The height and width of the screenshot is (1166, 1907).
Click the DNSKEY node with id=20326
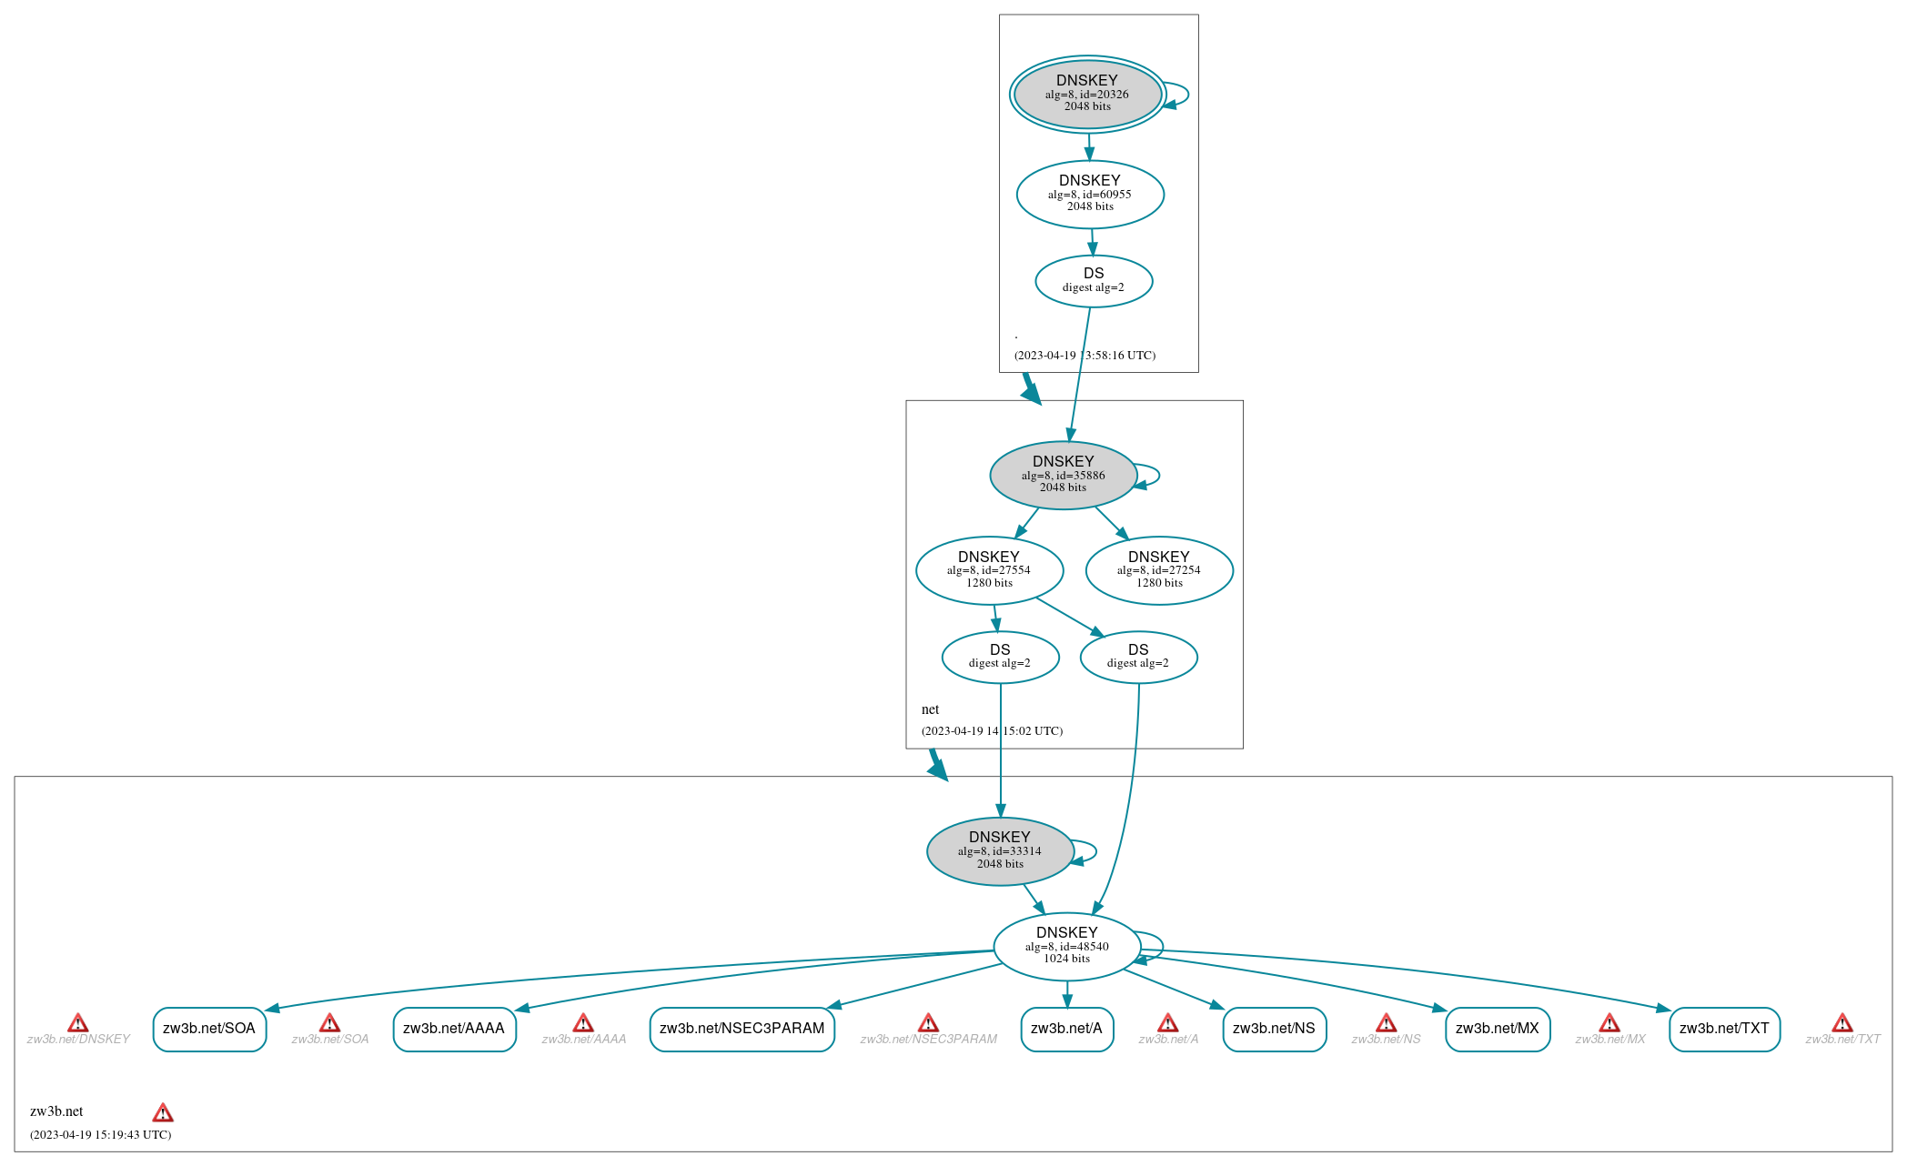pos(1087,94)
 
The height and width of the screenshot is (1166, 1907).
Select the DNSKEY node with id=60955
pos(1090,194)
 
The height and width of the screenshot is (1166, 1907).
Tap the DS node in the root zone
pos(1094,281)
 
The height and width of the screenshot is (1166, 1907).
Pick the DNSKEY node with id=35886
pos(1063,475)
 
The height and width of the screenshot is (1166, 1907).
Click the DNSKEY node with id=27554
pos(989,570)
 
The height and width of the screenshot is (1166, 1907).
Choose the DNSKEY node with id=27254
pos(1159,570)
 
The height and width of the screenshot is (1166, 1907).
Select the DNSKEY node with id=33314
pos(1000,851)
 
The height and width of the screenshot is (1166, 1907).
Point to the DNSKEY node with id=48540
pos(1066,946)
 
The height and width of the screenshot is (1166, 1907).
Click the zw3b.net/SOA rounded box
pos(209,1029)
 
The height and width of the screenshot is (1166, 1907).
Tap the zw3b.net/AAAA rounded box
pos(454,1029)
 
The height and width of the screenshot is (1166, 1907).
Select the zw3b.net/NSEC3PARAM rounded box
pos(742,1029)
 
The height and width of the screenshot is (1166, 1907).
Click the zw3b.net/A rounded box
pos(1066,1029)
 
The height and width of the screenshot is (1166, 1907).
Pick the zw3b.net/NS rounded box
pos(1274,1029)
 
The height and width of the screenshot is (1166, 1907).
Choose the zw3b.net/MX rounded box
pos(1497,1029)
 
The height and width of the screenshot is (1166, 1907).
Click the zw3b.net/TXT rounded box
pos(1724,1029)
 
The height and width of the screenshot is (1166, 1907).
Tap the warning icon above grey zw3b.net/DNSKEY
pos(78,1023)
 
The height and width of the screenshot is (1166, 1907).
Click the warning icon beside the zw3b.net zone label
pos(163,1112)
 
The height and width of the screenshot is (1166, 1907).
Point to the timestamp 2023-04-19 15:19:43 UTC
pos(100,1135)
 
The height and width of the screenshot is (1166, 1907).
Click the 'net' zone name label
pos(930,709)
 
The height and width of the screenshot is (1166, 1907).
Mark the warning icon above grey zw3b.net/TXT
pos(1842,1023)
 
